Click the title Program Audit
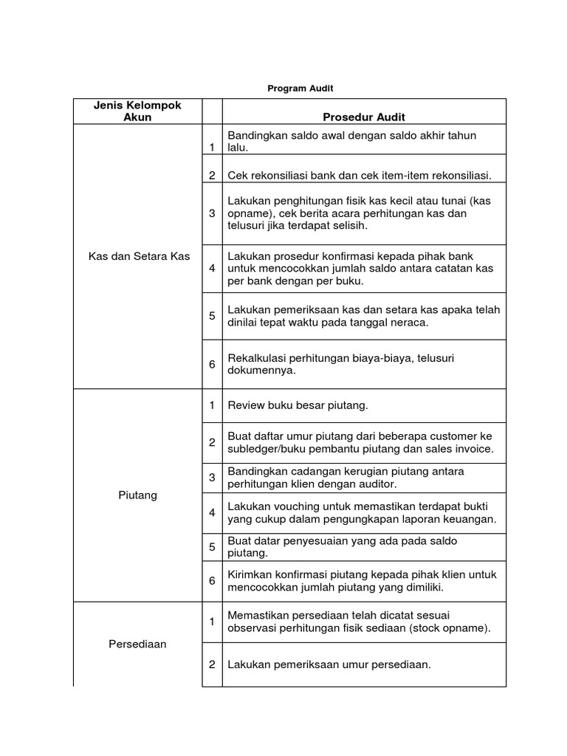[x=300, y=89]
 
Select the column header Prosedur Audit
[x=364, y=117]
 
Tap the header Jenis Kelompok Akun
[x=137, y=111]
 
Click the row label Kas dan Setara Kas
[x=137, y=256]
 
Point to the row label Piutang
[x=137, y=495]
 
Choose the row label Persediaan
[x=137, y=644]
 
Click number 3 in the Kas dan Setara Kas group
[x=212, y=213]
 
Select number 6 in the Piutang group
[x=212, y=581]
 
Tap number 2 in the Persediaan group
[x=212, y=664]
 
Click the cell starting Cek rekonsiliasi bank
[x=360, y=175]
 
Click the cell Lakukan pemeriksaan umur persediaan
[x=329, y=664]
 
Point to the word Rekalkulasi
[x=258, y=358]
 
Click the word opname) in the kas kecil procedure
[x=249, y=213]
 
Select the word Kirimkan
[x=250, y=574]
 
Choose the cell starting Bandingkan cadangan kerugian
[x=346, y=478]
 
